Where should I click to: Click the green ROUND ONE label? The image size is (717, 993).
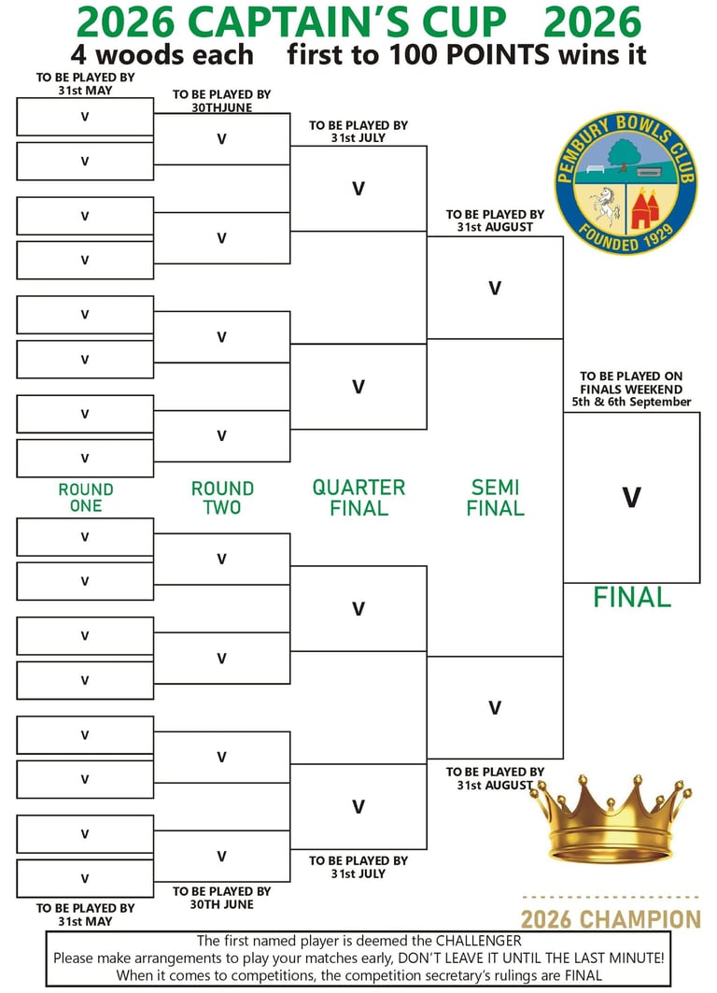pyautogui.click(x=86, y=497)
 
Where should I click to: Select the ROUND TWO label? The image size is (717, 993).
pyautogui.click(x=222, y=497)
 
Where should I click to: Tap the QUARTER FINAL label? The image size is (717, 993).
pyautogui.click(x=358, y=497)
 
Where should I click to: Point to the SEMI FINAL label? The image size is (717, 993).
pyautogui.click(x=495, y=497)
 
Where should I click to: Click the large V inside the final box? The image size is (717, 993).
pyautogui.click(x=631, y=497)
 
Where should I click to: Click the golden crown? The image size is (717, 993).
pyautogui.click(x=611, y=819)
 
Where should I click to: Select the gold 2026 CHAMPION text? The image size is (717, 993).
pyautogui.click(x=611, y=919)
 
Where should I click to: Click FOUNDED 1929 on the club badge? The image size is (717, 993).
pyautogui.click(x=626, y=240)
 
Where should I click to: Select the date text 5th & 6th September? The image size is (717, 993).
pyautogui.click(x=632, y=402)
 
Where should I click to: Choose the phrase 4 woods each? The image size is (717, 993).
pyautogui.click(x=162, y=54)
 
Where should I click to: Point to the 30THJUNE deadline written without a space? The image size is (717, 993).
pyautogui.click(x=221, y=107)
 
